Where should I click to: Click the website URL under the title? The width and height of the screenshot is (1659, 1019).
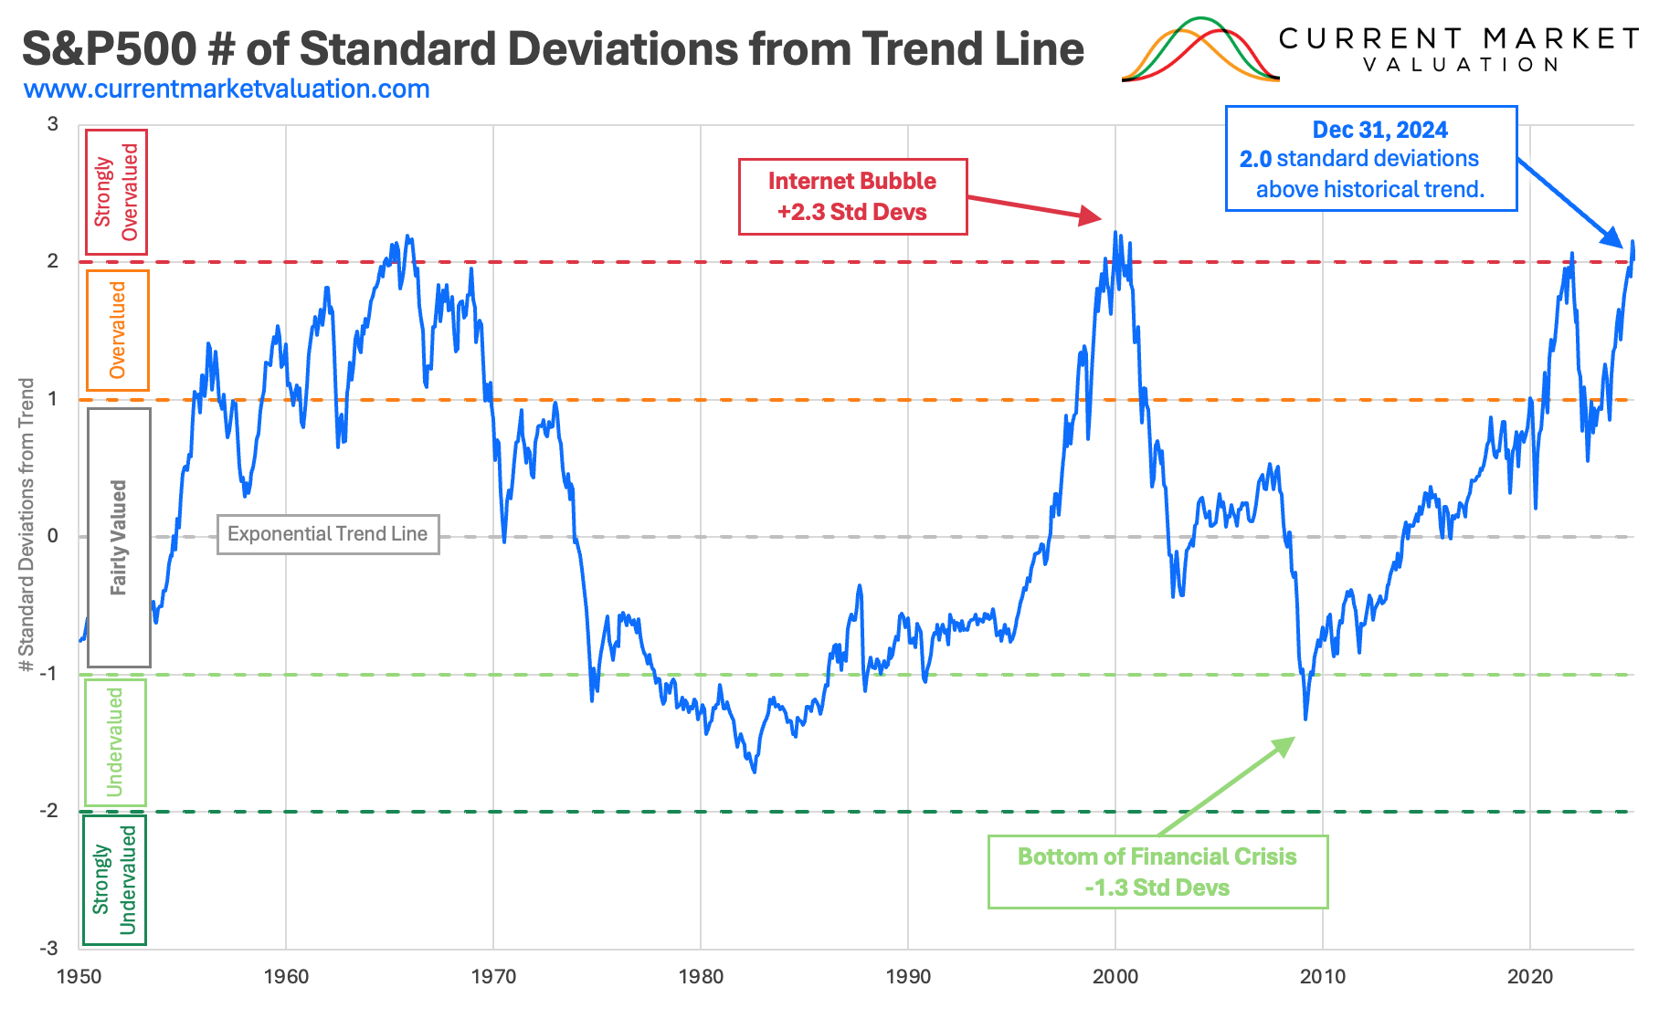(227, 89)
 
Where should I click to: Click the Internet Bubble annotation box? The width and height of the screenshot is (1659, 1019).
(852, 196)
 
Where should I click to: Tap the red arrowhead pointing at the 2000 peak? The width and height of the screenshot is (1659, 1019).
(1091, 216)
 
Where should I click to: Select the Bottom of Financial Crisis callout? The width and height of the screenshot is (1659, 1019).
(1157, 872)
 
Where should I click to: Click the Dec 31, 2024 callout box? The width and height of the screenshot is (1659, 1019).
(1370, 159)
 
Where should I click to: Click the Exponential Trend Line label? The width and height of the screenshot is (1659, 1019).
(328, 534)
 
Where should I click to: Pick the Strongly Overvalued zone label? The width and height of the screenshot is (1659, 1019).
(116, 193)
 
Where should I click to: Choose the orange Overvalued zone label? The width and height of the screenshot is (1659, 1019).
(117, 331)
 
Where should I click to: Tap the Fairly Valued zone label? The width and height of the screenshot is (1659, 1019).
(119, 537)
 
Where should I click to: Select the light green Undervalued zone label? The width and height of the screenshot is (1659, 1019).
(115, 742)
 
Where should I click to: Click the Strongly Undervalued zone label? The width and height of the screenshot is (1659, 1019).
(114, 880)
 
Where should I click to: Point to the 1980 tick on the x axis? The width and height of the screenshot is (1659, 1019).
(701, 977)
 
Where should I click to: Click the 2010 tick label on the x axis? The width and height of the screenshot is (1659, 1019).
(1323, 977)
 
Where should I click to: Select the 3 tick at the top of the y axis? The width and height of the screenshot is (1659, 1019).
(52, 124)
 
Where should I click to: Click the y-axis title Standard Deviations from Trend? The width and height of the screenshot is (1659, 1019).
(26, 525)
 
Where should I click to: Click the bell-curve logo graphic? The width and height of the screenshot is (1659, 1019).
(1199, 50)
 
